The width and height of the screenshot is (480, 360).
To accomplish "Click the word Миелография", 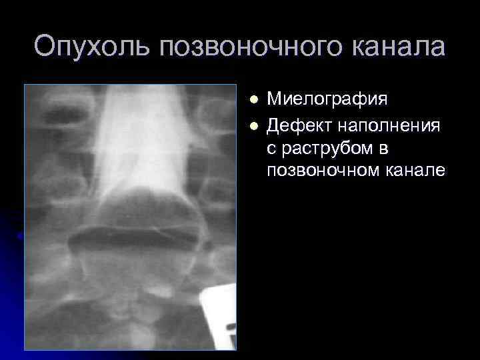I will tap(327, 101).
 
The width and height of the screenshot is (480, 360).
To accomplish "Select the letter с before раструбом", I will tap(272, 147).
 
